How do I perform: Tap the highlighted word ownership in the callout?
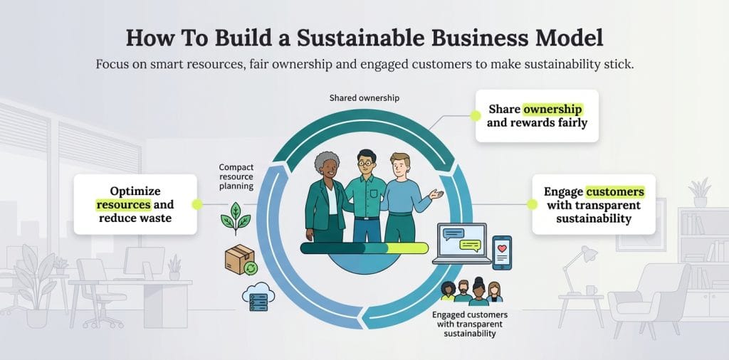[x=553, y=110]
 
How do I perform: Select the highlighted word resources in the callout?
[x=124, y=205]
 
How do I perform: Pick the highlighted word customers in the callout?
[x=614, y=191]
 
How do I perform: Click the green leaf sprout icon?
[x=235, y=218]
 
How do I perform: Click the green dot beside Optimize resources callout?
[x=197, y=204]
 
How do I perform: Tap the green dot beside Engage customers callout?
[x=531, y=204]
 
